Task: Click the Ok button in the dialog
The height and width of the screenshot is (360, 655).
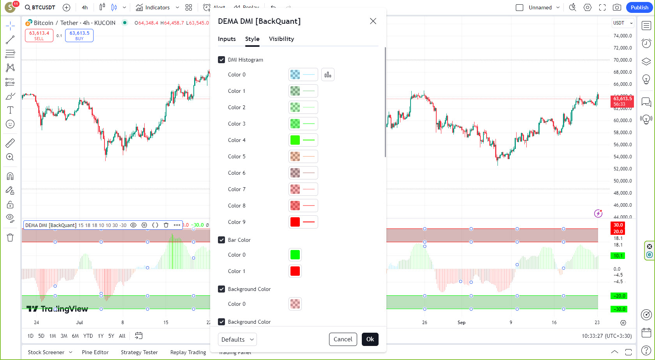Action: tap(370, 339)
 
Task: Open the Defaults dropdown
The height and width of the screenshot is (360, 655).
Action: tap(237, 339)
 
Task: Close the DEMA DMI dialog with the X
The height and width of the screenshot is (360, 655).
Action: tap(373, 21)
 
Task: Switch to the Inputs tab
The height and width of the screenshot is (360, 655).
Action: tap(227, 39)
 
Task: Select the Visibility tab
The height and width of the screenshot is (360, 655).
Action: tap(281, 39)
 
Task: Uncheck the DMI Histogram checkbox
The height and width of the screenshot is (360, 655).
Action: tap(221, 60)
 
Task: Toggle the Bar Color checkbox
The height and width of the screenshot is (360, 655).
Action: tap(221, 240)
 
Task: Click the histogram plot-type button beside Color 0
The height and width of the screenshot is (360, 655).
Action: tap(327, 74)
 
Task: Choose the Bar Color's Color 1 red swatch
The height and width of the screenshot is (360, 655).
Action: tap(295, 271)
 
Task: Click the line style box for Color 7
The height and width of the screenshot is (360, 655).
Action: tap(309, 189)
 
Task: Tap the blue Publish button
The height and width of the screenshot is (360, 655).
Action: tap(639, 7)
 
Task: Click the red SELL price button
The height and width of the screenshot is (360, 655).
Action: tap(39, 35)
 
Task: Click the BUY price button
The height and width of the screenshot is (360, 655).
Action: tap(79, 35)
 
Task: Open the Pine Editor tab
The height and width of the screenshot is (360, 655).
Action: tap(95, 352)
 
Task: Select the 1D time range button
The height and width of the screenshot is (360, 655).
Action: tap(30, 336)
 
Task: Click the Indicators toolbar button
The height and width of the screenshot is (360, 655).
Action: tap(153, 7)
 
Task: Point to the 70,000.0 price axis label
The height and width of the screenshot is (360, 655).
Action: tap(623, 60)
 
